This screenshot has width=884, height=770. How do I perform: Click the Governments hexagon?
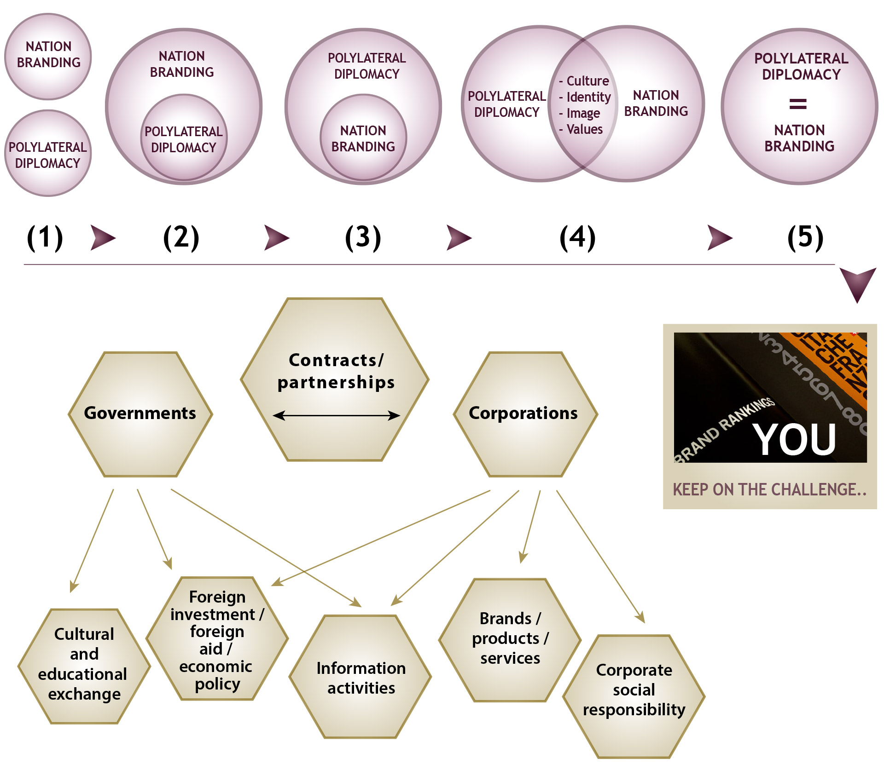[x=140, y=414]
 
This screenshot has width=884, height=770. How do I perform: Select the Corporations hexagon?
[x=525, y=414]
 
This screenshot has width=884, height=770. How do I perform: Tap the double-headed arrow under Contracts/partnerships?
[x=336, y=416]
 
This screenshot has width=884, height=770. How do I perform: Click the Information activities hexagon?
[x=361, y=677]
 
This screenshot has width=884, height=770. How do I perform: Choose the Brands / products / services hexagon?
[x=510, y=639]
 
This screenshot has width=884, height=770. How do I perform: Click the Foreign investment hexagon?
[x=217, y=639]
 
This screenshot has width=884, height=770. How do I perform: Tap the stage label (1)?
[x=45, y=238]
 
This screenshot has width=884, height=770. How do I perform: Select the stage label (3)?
[x=363, y=238]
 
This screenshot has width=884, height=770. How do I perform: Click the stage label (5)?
[x=805, y=238]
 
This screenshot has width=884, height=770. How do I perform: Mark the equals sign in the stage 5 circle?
[x=798, y=104]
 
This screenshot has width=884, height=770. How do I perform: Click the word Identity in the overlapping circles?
[x=588, y=97]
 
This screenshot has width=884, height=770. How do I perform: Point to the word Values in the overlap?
[x=584, y=129]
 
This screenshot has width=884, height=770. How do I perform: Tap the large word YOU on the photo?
[x=794, y=440]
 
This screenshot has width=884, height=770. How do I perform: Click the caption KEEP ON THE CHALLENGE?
[x=769, y=489]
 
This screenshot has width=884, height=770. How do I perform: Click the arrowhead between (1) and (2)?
[x=102, y=238]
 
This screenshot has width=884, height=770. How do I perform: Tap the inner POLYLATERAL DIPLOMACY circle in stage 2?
[x=184, y=138]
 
